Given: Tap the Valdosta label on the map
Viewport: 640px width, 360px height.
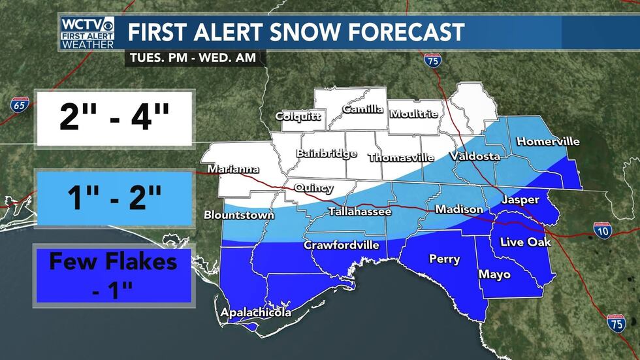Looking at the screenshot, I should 474,156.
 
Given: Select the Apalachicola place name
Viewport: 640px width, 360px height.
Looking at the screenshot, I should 255,313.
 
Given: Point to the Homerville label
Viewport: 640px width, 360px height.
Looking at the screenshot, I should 547,141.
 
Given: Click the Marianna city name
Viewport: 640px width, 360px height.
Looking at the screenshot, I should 233,170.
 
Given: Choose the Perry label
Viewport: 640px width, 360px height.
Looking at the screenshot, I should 444,259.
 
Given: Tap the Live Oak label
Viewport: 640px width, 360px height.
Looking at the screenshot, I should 525,242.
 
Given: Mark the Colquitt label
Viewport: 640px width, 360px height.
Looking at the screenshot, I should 298,117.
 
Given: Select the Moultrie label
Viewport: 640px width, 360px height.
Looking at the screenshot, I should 413,113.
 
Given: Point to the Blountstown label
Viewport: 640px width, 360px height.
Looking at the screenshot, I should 238,214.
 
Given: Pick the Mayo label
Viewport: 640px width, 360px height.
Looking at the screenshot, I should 494,274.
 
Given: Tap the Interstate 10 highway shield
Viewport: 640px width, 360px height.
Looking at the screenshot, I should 602,229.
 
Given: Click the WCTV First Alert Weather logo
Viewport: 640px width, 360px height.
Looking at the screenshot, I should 87,33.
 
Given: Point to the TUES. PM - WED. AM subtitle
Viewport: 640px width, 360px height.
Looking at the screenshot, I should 194,57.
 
